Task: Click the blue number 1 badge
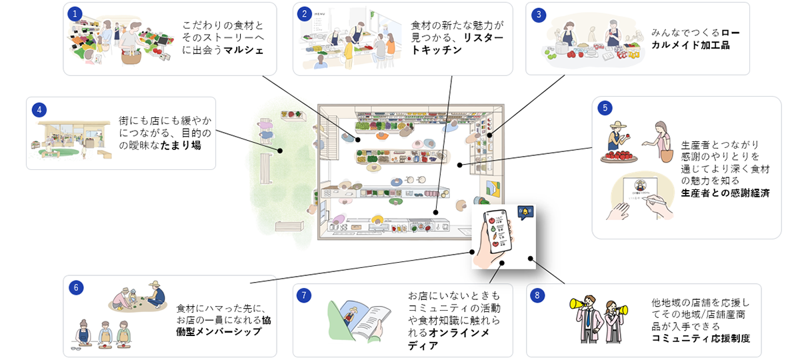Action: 75,13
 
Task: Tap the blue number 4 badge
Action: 39,109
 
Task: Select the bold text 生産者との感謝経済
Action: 725,193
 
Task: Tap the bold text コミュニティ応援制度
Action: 701,338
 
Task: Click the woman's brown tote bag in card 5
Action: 667,155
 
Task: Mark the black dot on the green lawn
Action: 280,151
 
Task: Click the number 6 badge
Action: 75,287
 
